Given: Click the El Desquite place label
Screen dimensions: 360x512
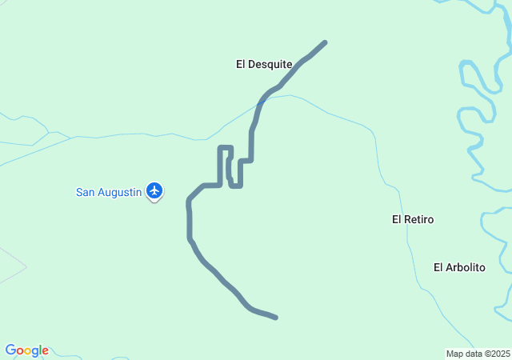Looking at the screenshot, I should click(x=263, y=64).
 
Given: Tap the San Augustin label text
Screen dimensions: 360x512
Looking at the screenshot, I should click(x=109, y=192).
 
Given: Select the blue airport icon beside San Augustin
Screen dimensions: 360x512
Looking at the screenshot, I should click(x=154, y=190).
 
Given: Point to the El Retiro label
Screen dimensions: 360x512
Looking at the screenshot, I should click(x=412, y=219).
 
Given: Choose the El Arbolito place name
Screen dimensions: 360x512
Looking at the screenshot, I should click(x=459, y=268).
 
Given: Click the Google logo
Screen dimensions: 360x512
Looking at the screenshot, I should click(x=27, y=350).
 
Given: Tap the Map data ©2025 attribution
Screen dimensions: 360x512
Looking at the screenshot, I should click(x=478, y=354).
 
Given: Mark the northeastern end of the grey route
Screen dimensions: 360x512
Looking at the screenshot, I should click(x=325, y=42).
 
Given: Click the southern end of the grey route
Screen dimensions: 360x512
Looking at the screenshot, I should click(x=275, y=318).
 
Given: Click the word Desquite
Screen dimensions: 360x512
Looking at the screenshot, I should click(x=270, y=64).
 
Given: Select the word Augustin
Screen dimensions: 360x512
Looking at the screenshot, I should click(x=120, y=192).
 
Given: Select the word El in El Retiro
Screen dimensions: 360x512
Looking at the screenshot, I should click(x=397, y=219).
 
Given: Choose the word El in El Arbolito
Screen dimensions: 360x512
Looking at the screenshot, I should click(x=438, y=268).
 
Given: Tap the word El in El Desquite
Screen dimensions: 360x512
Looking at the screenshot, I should click(x=241, y=64).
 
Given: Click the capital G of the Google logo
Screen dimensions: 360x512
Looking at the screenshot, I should click(x=10, y=350).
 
